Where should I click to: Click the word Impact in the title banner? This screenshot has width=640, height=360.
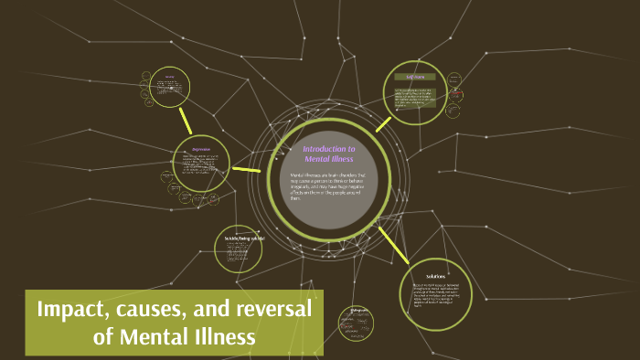coord(75,310)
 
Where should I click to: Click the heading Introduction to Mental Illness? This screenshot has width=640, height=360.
coord(328,154)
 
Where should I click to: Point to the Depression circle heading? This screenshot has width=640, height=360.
coord(200,149)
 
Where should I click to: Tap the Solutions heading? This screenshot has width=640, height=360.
coord(435,275)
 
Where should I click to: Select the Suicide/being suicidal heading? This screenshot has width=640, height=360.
coord(244,239)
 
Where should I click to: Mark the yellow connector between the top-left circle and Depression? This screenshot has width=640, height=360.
coord(186,120)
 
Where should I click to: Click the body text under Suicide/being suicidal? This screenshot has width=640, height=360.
coord(244,254)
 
